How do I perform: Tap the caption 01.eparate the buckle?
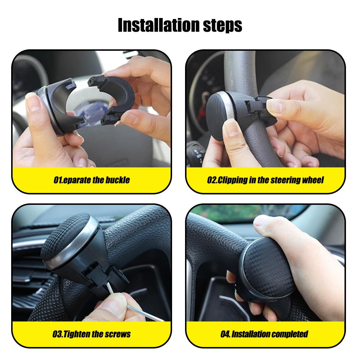91,180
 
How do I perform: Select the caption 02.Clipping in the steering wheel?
265,180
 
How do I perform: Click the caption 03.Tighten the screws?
91,334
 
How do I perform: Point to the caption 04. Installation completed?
264,334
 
